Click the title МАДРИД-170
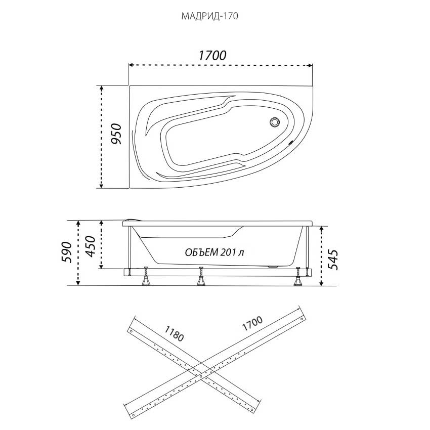click(209, 16)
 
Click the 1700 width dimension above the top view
click(212, 56)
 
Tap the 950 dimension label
click(116, 134)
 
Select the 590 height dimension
click(67, 252)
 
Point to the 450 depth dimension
click(90, 246)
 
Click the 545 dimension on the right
click(333, 260)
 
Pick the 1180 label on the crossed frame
click(174, 333)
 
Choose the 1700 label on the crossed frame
click(252, 323)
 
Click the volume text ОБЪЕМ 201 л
click(214, 252)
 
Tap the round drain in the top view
click(275, 122)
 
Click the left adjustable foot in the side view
click(146, 276)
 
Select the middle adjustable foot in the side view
click(201, 276)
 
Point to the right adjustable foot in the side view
click(297, 276)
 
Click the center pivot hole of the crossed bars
click(201, 376)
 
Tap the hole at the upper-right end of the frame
click(302, 319)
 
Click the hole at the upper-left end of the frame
click(132, 331)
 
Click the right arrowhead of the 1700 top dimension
click(310, 65)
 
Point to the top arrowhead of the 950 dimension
click(102, 88)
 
